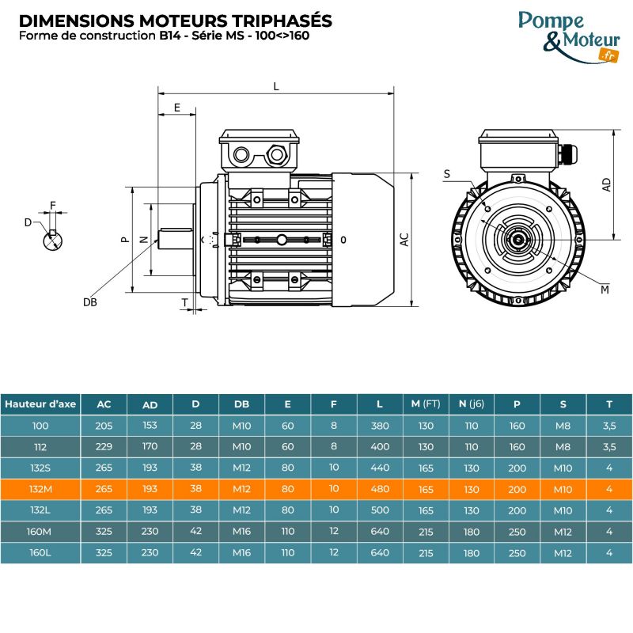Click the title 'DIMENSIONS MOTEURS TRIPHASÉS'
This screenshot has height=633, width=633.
(x=175, y=21)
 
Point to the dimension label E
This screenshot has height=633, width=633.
(x=177, y=108)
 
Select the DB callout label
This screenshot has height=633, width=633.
(x=89, y=302)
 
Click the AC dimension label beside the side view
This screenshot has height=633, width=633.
(x=404, y=240)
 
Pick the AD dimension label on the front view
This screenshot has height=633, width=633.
(x=607, y=184)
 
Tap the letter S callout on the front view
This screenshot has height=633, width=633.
(x=447, y=173)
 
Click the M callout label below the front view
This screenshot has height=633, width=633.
(x=605, y=290)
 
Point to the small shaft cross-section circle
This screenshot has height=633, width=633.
(x=53, y=240)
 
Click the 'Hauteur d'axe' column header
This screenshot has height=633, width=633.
(x=40, y=404)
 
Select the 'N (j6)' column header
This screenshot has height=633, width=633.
(x=471, y=404)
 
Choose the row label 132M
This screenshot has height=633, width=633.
(x=40, y=489)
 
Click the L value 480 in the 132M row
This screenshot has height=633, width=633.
(x=379, y=489)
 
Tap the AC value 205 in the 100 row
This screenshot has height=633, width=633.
(x=104, y=425)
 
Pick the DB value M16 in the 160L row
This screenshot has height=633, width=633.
(x=242, y=552)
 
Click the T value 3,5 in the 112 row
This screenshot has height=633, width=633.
(x=608, y=446)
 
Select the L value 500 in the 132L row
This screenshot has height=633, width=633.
(x=379, y=510)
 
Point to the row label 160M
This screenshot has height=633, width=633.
(x=40, y=532)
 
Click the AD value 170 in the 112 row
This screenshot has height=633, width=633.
(x=150, y=446)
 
